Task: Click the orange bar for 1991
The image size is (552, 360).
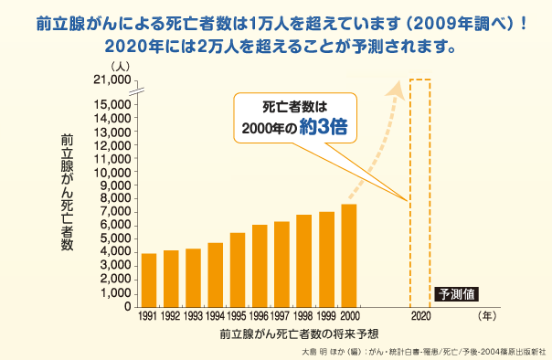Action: coord(149,280)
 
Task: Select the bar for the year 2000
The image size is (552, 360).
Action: coord(349,256)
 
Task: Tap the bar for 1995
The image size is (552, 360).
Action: coord(238,270)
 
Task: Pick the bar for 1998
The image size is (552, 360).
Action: coord(304,260)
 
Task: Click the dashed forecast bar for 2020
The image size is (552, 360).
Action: coord(419,192)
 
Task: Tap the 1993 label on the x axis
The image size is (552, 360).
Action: coord(193,315)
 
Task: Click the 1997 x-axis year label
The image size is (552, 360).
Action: coord(282,315)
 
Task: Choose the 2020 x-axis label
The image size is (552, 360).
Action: coord(419,315)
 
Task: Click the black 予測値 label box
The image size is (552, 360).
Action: coord(457,294)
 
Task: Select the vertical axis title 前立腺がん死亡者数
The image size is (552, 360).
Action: coord(67,192)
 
